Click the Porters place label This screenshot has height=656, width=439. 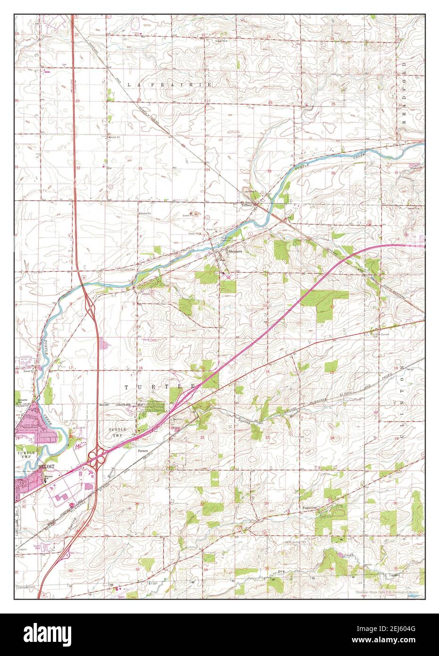point(143,451)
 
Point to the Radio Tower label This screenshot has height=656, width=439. point(150,338)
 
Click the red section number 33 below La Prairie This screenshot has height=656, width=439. point(140,168)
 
